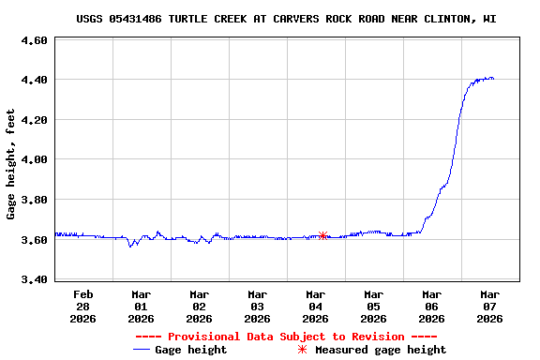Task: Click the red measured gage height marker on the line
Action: (322, 235)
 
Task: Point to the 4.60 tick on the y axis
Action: (34, 41)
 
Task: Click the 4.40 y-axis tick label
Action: (34, 81)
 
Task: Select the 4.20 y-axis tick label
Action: (34, 120)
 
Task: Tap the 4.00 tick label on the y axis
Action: (34, 160)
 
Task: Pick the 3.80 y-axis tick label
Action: (34, 200)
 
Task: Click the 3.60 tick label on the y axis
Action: (34, 240)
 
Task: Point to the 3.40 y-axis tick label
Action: (34, 279)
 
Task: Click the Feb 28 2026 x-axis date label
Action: (82, 306)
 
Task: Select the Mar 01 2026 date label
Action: (141, 306)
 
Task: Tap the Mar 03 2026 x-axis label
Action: (257, 306)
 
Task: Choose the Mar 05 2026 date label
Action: (373, 306)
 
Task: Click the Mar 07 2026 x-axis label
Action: (489, 306)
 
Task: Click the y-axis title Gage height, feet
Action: (11, 164)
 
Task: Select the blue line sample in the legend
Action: (142, 350)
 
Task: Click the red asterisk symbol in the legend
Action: (302, 350)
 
